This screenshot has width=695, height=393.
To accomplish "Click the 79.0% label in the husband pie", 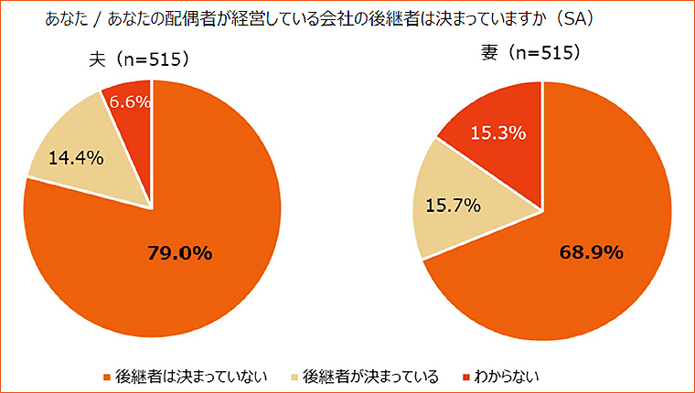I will [179, 253].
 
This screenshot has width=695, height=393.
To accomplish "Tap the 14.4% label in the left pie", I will [75, 157].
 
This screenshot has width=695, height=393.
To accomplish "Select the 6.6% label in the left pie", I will [130, 102].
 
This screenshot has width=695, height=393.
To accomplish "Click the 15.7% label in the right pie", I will [454, 206].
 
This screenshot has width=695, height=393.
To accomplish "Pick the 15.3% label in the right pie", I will [497, 133].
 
